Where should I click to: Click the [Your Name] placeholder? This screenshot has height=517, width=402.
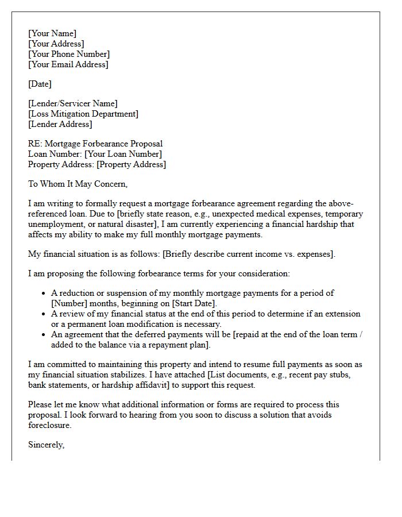click(52, 33)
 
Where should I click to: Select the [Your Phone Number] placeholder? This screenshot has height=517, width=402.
click(69, 54)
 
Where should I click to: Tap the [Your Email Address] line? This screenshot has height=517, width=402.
click(68, 64)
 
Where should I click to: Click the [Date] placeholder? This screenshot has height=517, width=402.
click(40, 84)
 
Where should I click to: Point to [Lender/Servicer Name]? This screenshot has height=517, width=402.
click(73, 103)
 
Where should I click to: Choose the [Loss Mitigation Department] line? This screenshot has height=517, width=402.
click(83, 114)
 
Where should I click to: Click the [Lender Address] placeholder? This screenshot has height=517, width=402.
click(60, 124)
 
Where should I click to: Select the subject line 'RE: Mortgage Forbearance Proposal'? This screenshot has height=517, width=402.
click(95, 144)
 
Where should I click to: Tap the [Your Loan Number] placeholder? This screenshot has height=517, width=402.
click(123, 154)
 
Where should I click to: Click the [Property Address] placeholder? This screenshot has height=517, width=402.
click(131, 164)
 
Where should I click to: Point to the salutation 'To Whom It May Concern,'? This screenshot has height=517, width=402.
click(78, 184)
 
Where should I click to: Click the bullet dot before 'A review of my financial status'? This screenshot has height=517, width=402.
click(44, 314)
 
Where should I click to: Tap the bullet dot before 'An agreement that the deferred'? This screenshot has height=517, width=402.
click(44, 335)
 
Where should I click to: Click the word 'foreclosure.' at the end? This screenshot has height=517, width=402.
click(51, 425)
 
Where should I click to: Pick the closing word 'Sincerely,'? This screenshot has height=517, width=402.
click(47, 445)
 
